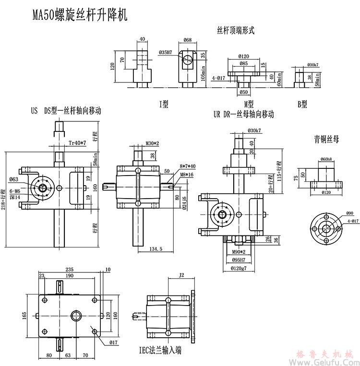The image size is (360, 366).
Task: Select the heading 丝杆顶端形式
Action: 235,30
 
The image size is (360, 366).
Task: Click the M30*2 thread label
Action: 152,143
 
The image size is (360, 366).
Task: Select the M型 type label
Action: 248,103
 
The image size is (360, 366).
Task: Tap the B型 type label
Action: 301,103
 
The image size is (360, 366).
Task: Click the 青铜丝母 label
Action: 326,140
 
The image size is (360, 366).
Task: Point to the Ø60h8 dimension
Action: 326,159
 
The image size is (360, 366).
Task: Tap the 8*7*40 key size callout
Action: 187,166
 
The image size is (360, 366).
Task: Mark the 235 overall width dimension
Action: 71,269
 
